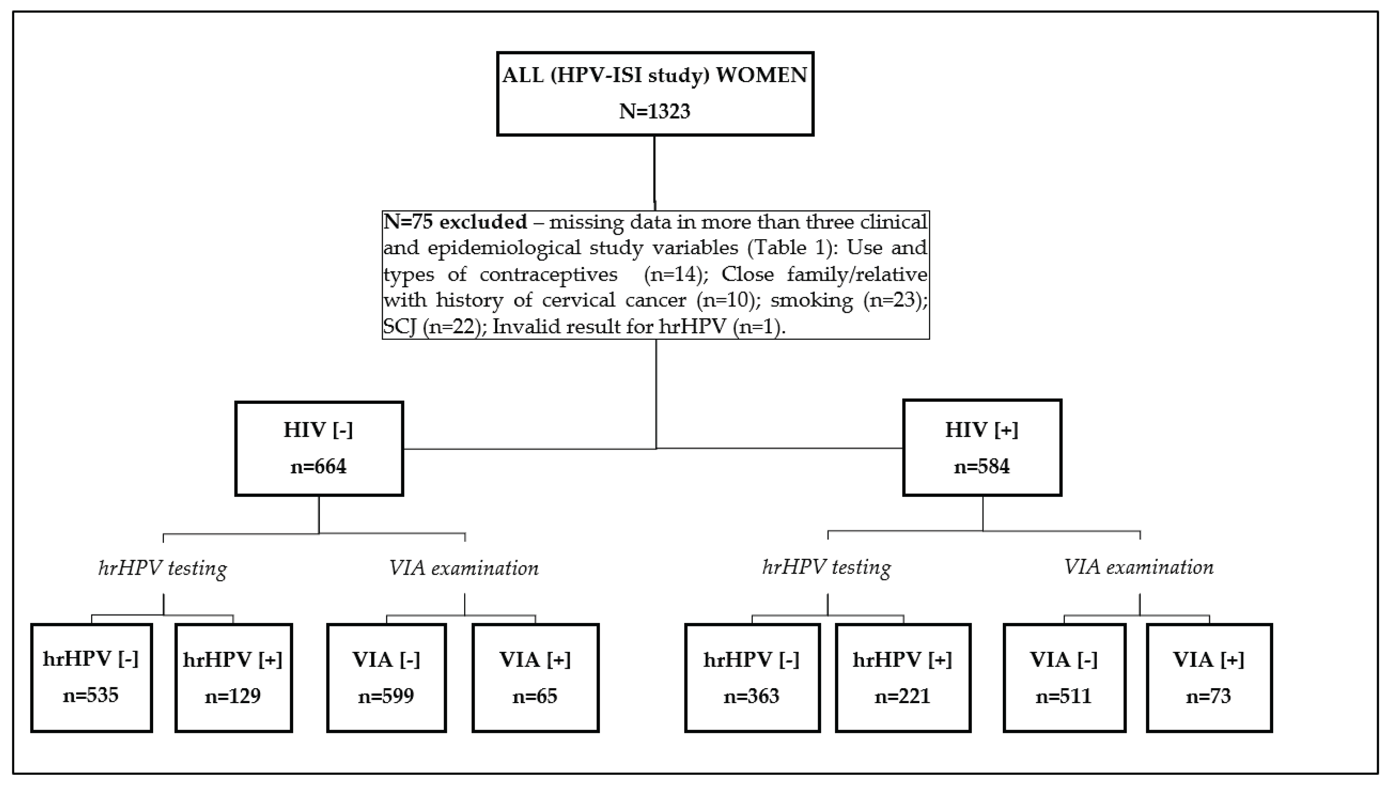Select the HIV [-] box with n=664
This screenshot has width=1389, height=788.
point(319,448)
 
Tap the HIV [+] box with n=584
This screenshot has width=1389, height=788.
point(982,447)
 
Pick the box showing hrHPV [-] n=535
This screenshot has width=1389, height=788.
point(91,678)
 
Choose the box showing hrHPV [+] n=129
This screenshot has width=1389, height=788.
point(233,678)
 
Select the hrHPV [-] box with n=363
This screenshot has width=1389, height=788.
point(752,678)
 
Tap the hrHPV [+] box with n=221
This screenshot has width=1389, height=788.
point(902,678)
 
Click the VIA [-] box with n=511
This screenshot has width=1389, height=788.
point(1064,678)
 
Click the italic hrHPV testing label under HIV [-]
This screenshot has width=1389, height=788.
point(162,568)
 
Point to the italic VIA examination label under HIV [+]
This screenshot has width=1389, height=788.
point(1139,567)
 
